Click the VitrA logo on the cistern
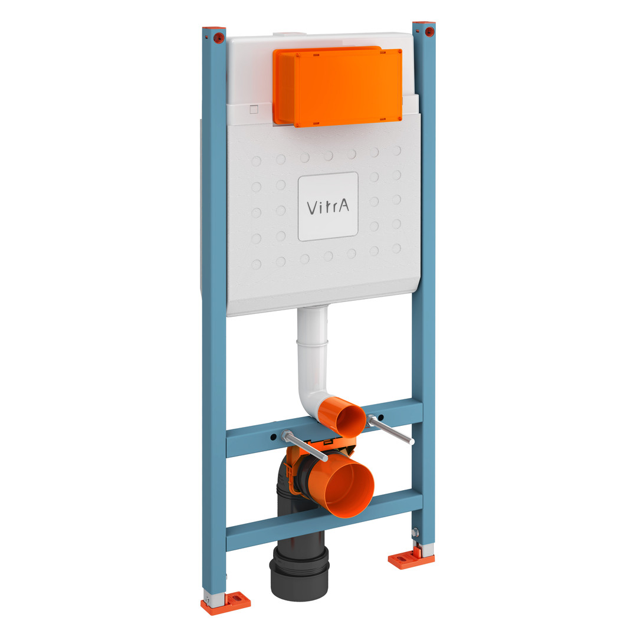pos(328,207)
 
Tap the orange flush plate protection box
pos(337,87)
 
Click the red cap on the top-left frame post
pos(219,37)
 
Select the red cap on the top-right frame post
pos(429,31)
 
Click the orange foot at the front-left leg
pos(226,603)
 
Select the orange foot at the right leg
pos(411,559)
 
